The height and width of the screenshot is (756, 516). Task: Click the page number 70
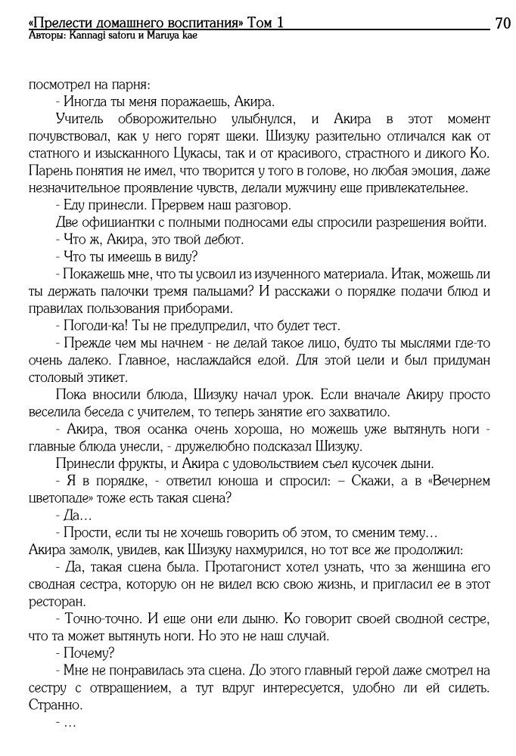[502, 23]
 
